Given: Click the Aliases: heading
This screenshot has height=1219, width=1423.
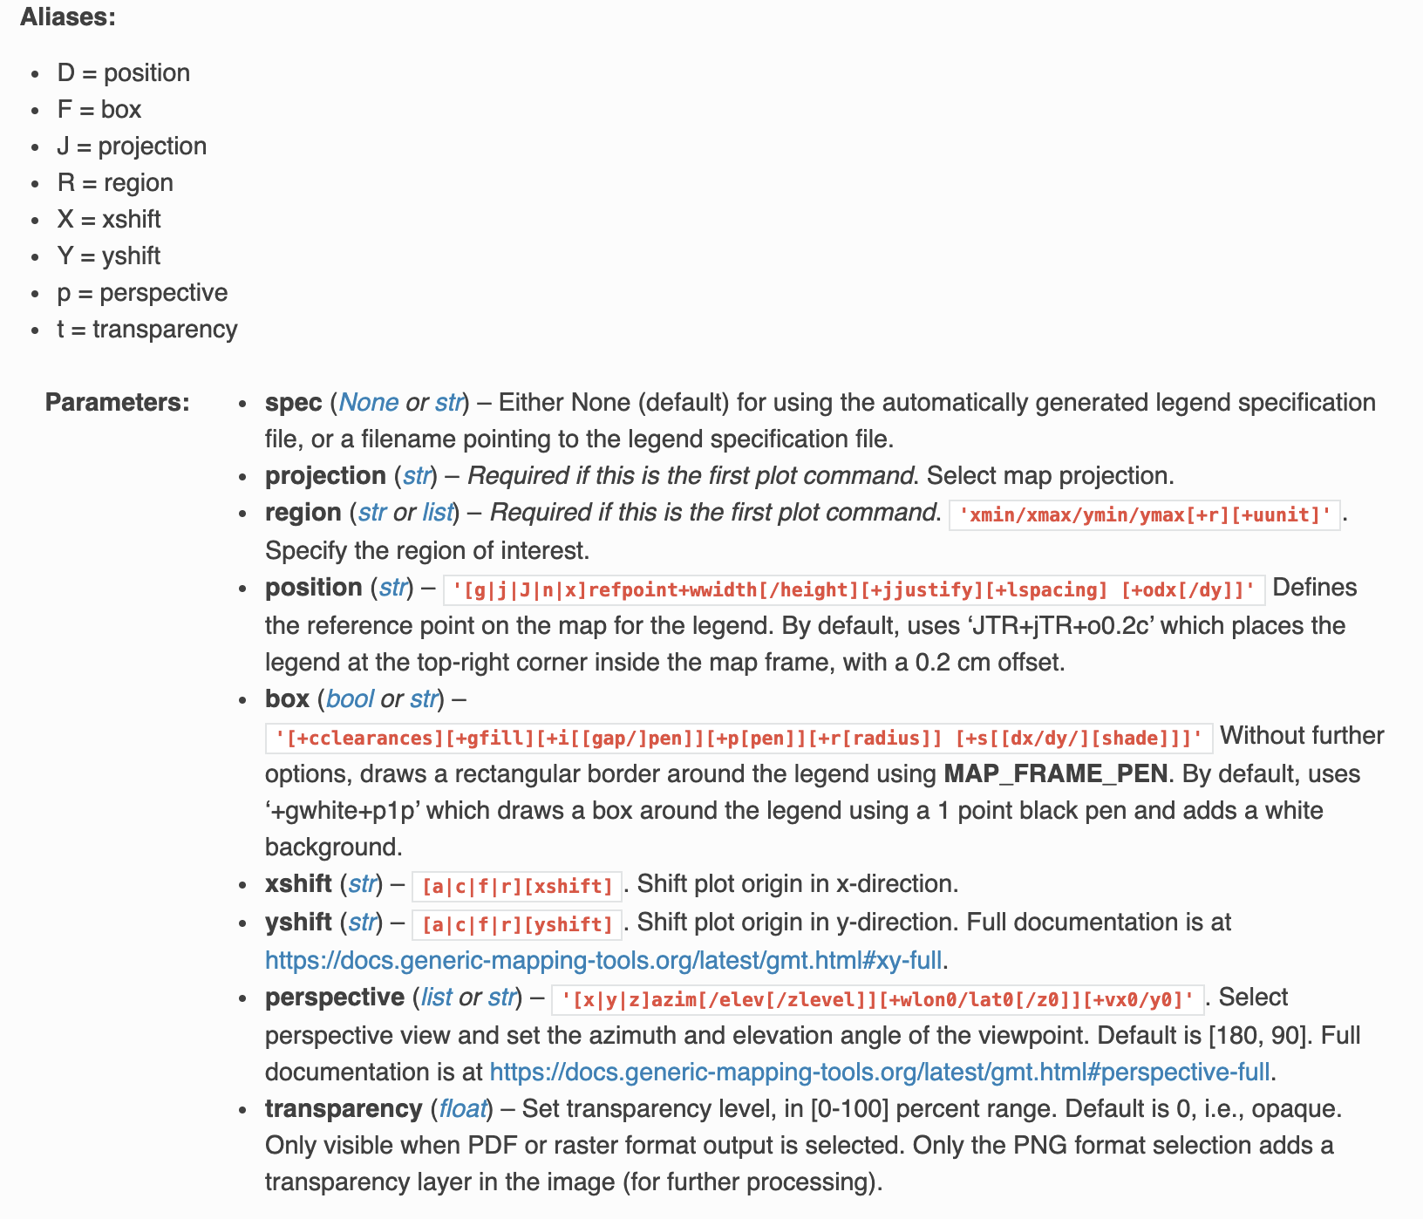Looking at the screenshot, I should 68,17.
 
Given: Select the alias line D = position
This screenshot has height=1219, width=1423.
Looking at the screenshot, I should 123,72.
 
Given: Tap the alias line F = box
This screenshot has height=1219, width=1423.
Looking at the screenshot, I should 99,109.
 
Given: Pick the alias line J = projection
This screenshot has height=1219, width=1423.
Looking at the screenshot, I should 132,146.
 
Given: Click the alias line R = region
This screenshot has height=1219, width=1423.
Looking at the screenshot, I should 115,182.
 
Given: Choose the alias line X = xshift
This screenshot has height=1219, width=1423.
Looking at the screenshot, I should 109,219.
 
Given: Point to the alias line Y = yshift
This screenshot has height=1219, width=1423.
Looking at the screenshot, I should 109,255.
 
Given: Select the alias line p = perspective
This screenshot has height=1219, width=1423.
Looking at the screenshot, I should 142,292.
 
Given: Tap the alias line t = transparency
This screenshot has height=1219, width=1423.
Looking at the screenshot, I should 147,329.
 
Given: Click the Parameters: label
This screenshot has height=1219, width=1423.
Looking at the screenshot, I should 117,402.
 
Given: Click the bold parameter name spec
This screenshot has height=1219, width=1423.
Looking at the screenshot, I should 293,402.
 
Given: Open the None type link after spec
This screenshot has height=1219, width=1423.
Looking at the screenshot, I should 368,402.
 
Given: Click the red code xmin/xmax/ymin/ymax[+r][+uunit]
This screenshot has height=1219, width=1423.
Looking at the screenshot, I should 1144,514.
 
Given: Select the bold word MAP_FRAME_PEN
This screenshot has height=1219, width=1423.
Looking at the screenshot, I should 1055,773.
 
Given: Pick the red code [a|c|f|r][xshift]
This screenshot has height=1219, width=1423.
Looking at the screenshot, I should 517,886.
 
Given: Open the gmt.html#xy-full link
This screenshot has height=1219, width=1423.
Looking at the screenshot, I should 603,960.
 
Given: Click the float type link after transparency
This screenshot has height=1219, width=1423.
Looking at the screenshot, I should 462,1108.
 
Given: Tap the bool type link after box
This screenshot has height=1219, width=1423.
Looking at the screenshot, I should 350,698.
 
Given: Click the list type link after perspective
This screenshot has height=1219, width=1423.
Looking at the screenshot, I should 436,997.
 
